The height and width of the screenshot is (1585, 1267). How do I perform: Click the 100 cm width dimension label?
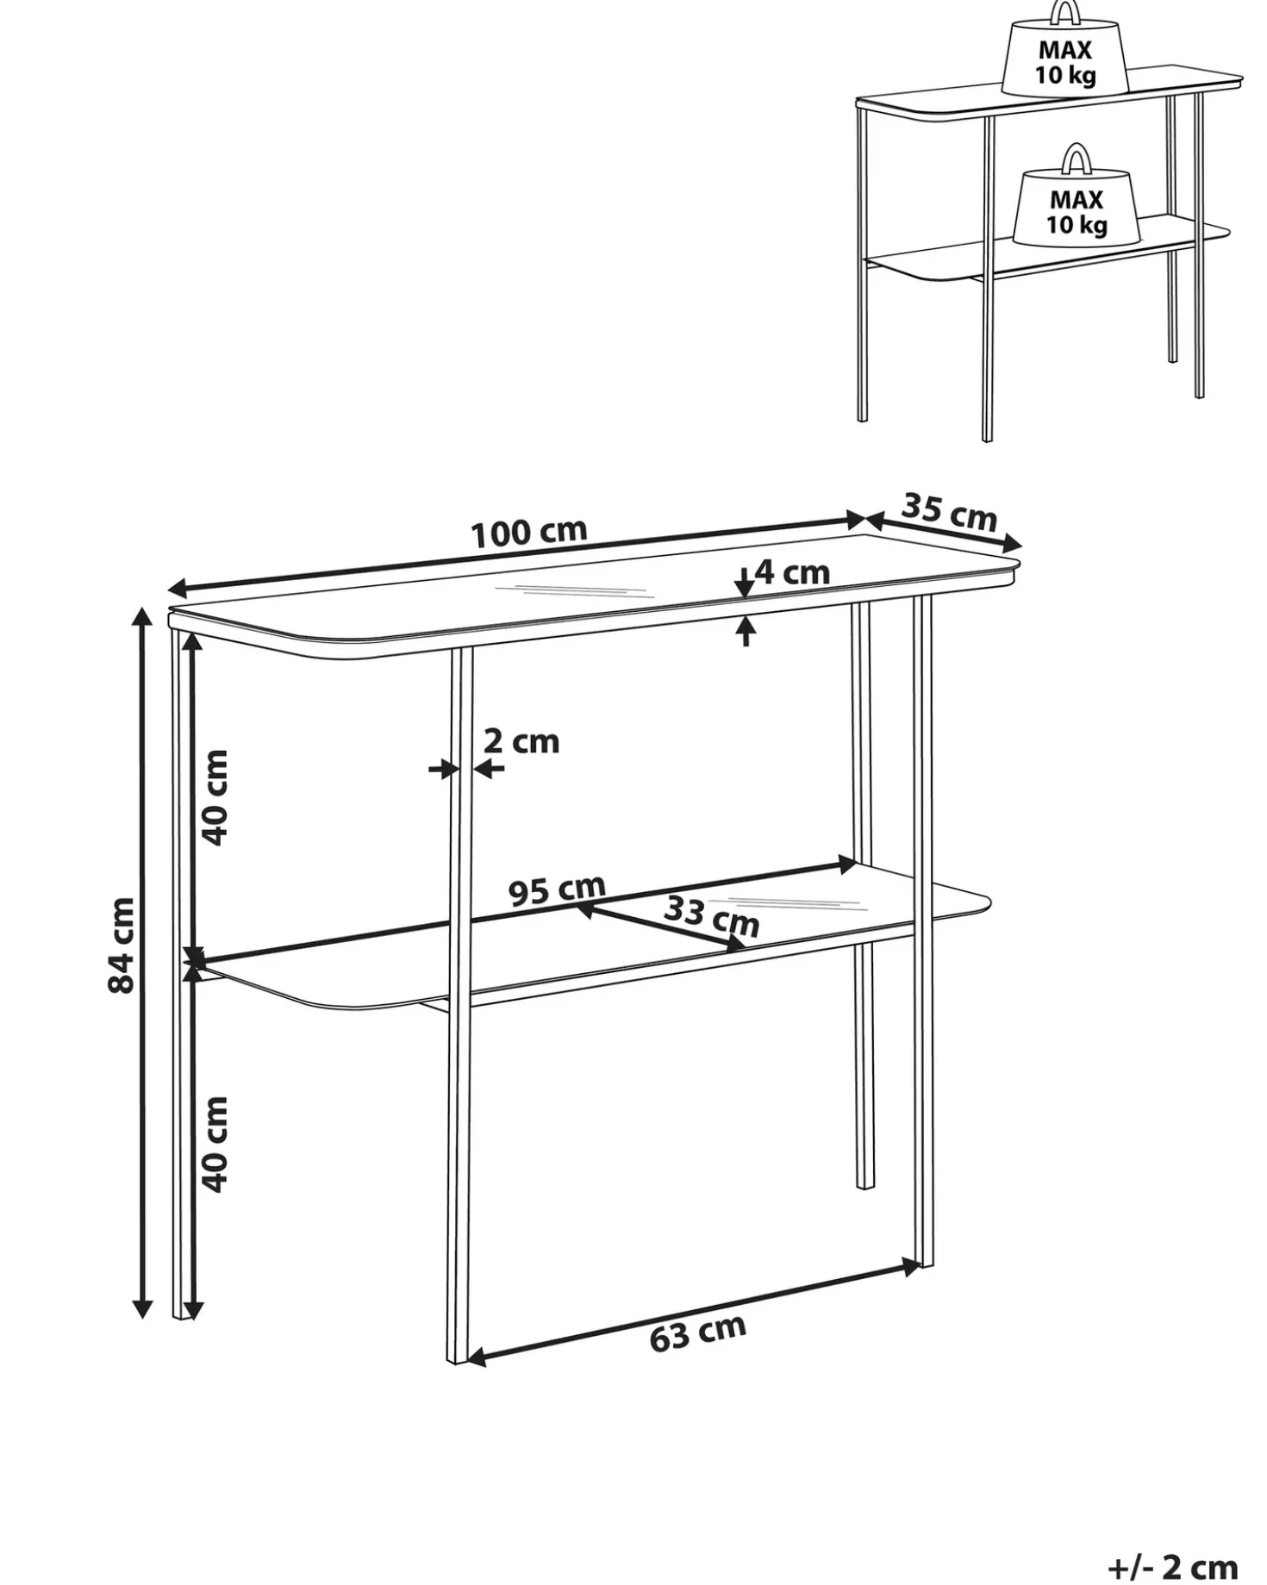[x=529, y=532]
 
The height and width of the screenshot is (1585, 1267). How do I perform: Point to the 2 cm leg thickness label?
[x=521, y=741]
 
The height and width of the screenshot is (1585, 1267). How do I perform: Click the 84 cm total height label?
[x=122, y=945]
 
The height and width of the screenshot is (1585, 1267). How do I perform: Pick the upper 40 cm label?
[x=214, y=797]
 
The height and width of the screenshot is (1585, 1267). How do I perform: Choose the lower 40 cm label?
[x=214, y=1145]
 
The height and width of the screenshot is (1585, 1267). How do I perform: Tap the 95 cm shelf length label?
[x=557, y=890]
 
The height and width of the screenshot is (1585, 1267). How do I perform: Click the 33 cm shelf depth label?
[x=712, y=916]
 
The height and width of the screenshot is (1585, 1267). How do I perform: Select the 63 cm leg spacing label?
[x=697, y=1333]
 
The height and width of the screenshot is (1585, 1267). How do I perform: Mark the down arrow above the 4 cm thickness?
[x=745, y=583]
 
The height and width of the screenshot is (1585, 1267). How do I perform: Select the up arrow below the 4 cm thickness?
[x=746, y=632]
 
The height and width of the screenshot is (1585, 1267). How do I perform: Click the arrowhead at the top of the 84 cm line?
[x=143, y=618]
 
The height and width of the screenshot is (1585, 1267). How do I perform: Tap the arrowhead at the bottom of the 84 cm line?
[x=143, y=1306]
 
